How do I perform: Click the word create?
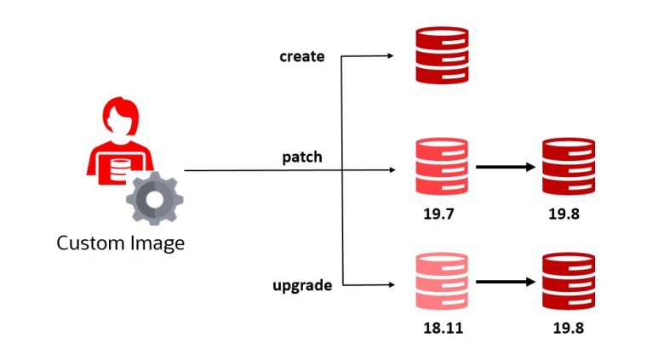302,57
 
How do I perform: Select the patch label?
301,157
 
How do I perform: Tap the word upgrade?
303,286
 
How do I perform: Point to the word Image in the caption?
156,243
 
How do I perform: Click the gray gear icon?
154,197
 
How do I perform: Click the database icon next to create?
442,55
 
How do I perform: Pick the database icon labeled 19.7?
442,167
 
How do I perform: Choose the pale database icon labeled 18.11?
442,281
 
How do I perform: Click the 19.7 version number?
441,214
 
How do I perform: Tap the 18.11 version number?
441,328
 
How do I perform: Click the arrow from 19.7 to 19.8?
505,167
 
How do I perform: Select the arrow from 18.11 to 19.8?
505,281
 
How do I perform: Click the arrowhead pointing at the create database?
390,56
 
